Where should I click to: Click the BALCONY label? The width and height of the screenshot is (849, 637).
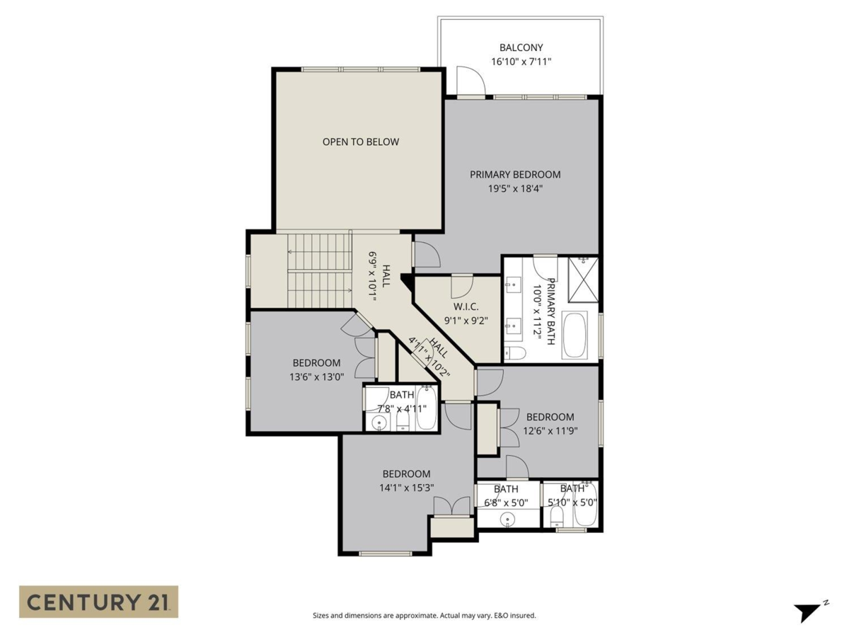click(521, 47)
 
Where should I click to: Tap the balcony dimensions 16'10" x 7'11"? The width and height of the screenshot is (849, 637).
click(521, 62)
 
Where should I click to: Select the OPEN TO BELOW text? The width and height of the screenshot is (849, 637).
click(361, 142)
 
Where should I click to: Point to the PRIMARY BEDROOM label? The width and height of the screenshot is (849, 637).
click(515, 174)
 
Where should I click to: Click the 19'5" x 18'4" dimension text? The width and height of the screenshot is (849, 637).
click(515, 188)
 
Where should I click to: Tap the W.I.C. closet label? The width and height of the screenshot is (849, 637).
click(466, 306)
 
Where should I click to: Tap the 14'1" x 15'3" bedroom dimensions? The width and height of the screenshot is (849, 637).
click(406, 487)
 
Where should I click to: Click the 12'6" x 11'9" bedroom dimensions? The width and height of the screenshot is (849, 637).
click(550, 430)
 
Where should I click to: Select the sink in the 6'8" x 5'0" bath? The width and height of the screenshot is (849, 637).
click(507, 519)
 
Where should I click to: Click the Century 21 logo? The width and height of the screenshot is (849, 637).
click(98, 602)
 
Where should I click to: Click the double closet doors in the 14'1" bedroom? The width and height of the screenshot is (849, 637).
click(451, 507)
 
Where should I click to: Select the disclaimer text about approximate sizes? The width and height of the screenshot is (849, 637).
click(424, 615)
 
